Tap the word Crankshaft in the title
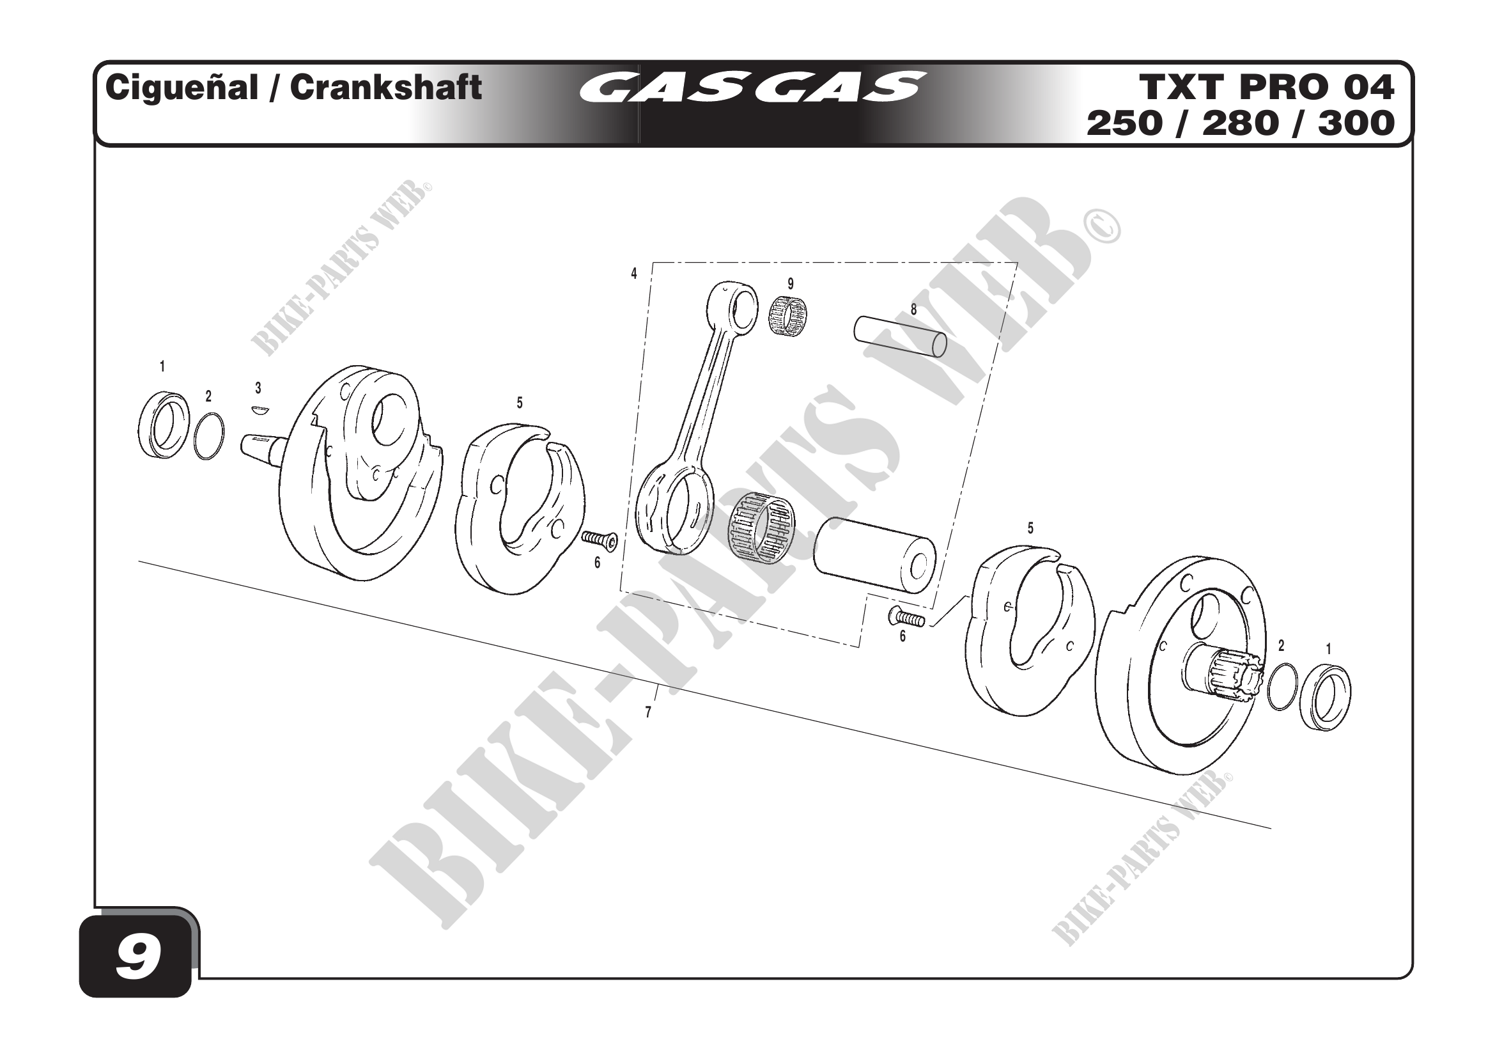coord(385,87)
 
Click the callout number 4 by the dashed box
coord(633,274)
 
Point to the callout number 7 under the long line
coord(648,712)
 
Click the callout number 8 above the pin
coord(913,310)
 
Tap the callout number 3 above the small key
coord(258,388)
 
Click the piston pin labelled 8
coord(900,336)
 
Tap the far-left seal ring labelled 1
coord(165,424)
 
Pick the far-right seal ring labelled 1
coord(1325,696)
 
